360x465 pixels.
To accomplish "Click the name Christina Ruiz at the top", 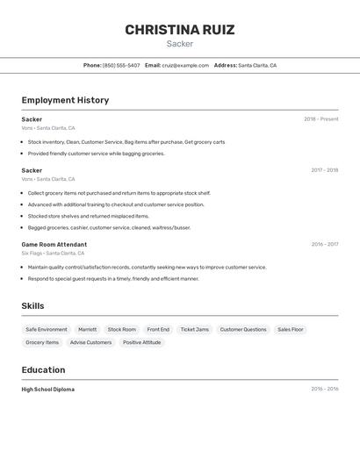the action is tap(179, 30).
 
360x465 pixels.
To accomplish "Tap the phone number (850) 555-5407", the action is tap(121, 65).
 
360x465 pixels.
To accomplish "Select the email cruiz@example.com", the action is tap(185, 65).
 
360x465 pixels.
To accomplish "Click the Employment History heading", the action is tap(65, 100).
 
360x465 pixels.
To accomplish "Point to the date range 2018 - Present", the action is tap(320, 119).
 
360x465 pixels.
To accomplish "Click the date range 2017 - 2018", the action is tap(324, 170).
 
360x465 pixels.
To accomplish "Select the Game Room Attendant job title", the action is tap(54, 245).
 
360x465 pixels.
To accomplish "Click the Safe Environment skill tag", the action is tap(47, 330).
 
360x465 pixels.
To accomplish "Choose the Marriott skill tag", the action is tap(88, 330).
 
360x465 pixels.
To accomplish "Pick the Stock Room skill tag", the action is tap(122, 330).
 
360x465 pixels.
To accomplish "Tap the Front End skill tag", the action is tap(158, 330).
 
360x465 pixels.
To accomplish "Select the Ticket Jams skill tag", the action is tap(195, 330).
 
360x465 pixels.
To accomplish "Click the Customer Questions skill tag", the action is tap(243, 330).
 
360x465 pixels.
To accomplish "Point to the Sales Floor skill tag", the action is tap(291, 330).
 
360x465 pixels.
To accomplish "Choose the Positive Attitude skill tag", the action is tap(141, 343).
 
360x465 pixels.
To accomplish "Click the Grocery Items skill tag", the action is tap(42, 343).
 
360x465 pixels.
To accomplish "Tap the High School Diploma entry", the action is tap(48, 390).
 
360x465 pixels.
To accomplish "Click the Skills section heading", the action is tap(33, 305).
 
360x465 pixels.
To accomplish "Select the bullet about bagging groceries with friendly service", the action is tap(96, 154).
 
